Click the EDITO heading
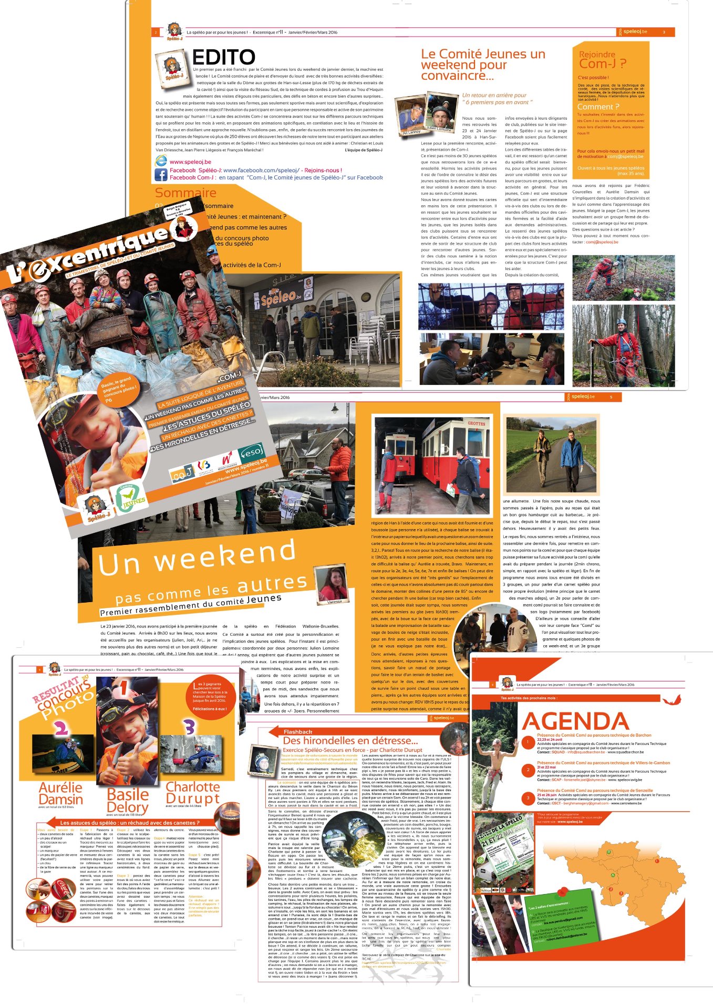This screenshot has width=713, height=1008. pos(223,57)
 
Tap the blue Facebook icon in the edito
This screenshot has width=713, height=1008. pos(161,174)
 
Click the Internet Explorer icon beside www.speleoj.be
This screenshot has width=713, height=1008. pos(161,161)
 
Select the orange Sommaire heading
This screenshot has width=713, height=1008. pos(185,193)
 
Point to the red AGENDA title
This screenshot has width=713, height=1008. pos(575,721)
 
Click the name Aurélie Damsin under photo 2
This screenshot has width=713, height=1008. pos(60,793)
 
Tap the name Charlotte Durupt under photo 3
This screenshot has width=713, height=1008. pos(192,793)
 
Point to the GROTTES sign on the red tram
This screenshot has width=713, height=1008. pos(476,423)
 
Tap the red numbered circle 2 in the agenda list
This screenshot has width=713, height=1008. pos(528,770)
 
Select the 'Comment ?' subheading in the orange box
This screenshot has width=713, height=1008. pos(598,107)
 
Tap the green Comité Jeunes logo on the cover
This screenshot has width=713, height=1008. pos(129,497)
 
